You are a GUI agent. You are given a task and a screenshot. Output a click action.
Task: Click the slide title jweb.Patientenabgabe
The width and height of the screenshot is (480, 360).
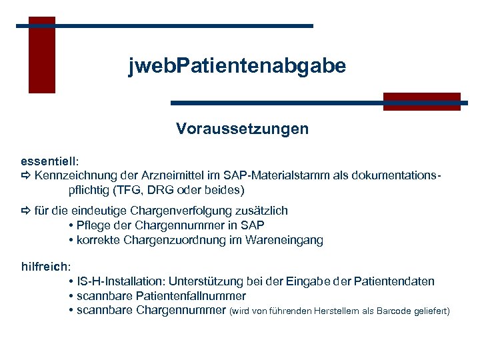pos(237,66)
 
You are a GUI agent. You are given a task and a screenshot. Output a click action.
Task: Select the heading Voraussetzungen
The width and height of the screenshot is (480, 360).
pos(242,128)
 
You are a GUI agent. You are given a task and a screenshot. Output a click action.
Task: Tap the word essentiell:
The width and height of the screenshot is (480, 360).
pos(50,161)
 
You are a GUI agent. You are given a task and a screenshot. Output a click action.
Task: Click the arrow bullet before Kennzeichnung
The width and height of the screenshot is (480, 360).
pos(26,177)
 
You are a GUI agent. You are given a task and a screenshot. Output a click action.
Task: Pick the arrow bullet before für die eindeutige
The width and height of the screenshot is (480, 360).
pos(26,211)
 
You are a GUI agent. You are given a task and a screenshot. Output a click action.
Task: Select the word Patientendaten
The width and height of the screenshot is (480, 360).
pos(394,281)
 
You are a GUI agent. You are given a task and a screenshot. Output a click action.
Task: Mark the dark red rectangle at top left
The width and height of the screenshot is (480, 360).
pos(41,55)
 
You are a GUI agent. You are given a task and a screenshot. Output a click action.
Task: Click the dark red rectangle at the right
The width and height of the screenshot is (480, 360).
pos(421,101)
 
